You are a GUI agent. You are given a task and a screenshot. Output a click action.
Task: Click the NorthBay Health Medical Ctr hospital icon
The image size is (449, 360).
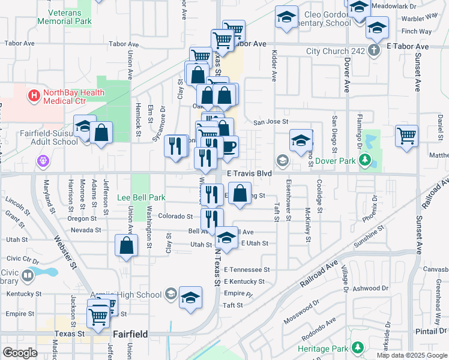pyautogui.click(x=34, y=94)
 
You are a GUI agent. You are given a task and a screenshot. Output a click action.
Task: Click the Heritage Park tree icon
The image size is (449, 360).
pyautogui.click(x=358, y=347)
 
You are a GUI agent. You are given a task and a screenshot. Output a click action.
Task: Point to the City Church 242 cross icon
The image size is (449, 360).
pyautogui.click(x=374, y=50)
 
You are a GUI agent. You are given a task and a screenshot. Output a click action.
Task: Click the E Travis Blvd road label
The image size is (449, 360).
pyautogui.click(x=249, y=173)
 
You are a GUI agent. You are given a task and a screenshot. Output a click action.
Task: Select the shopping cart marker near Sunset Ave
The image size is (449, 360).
pyautogui.click(x=407, y=136)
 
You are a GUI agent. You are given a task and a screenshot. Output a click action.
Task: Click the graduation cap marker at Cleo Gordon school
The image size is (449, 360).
pyautogui.click(x=286, y=17)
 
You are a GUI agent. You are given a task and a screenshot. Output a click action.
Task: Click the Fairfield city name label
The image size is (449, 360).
pyautogui.click(x=130, y=334)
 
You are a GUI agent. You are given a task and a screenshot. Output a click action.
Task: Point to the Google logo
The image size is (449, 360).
pyautogui.click(x=20, y=353)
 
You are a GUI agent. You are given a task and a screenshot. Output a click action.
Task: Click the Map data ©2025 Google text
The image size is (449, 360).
pyautogui.click(x=412, y=355)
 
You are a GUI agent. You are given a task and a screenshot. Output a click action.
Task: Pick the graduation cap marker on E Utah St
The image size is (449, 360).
pyautogui.click(x=226, y=239)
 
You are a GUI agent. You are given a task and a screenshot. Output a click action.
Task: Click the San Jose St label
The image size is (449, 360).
pyautogui.click(x=271, y=122)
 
